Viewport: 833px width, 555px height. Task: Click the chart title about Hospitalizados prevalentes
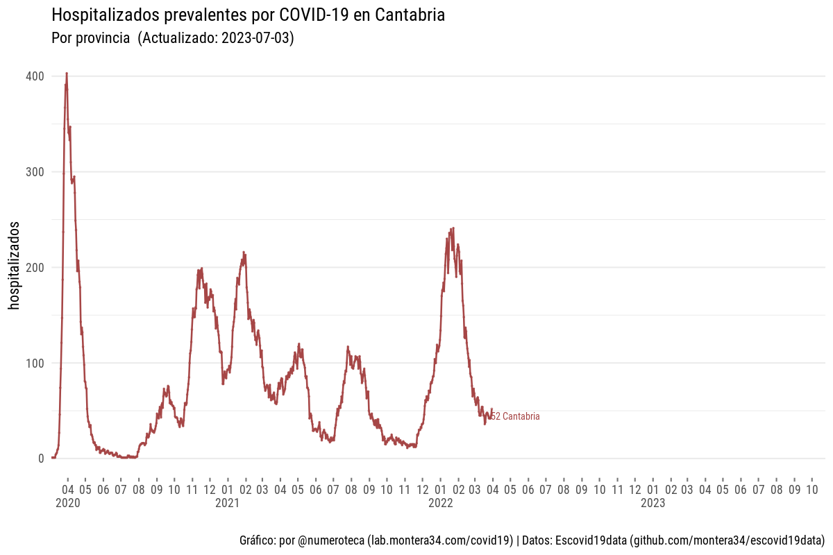pos(248,15)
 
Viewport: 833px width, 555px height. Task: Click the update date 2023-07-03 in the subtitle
pos(255,39)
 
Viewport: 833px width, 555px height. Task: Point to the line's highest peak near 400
pos(66,74)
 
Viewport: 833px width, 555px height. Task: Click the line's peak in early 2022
pos(453,228)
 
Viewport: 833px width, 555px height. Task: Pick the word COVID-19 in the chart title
pos(317,15)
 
